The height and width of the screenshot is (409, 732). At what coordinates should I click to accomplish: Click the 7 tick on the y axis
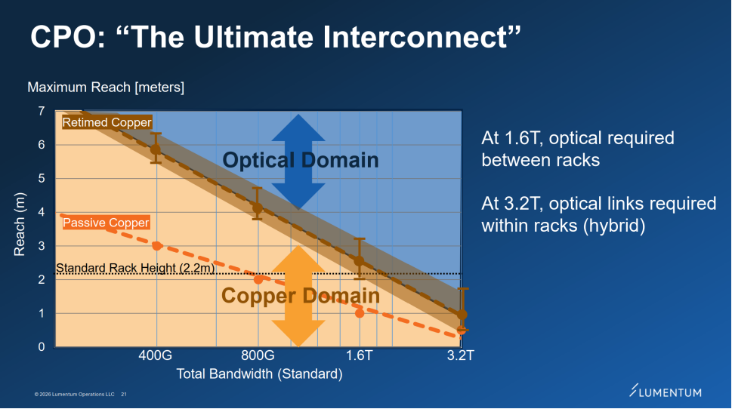(x=41, y=112)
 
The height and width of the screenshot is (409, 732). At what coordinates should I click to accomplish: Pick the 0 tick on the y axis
(x=41, y=347)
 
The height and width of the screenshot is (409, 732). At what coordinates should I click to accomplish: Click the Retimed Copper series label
(x=107, y=122)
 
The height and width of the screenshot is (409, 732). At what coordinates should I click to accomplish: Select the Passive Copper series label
(x=106, y=223)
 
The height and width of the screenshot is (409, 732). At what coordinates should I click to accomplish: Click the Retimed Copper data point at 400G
(x=156, y=149)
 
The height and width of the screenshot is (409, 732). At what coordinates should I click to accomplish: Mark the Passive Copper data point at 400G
(x=156, y=245)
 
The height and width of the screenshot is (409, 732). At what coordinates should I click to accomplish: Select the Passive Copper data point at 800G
(x=258, y=279)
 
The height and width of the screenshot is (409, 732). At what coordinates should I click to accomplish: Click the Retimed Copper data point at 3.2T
(x=462, y=314)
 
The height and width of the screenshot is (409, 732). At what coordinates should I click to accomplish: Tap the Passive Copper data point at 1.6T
(x=360, y=312)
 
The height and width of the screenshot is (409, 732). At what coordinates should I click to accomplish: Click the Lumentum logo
(x=665, y=392)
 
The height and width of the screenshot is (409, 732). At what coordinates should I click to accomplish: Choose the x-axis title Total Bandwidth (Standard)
(x=259, y=374)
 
